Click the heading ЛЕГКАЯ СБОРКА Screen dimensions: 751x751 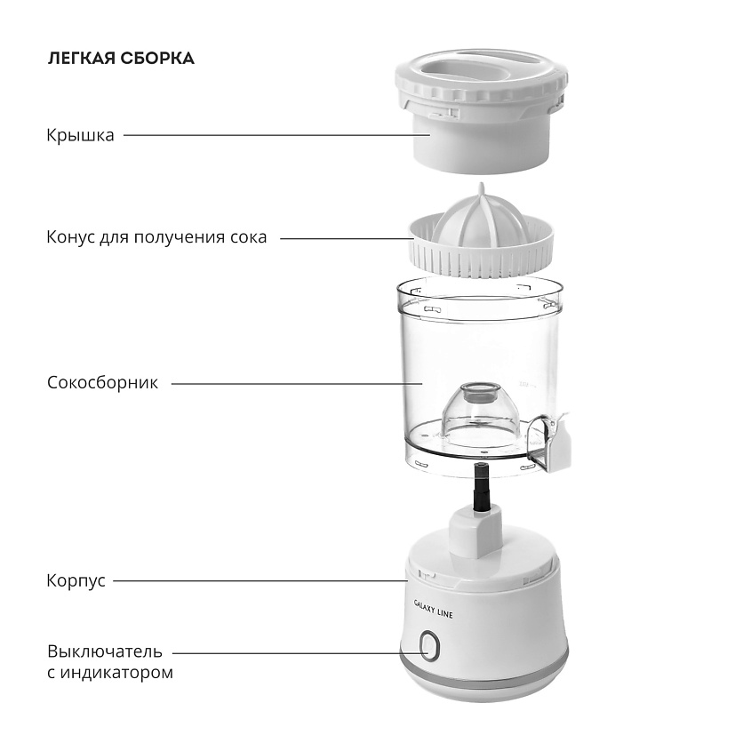click(x=121, y=59)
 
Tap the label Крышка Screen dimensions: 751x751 click(x=81, y=135)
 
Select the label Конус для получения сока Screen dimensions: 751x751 click(x=156, y=237)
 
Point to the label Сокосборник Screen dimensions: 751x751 click(x=102, y=383)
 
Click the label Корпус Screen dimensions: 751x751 click(x=76, y=581)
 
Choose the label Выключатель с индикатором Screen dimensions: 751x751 click(x=110, y=662)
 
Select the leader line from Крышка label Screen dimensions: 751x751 click(x=277, y=135)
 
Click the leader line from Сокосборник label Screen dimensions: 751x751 click(x=297, y=384)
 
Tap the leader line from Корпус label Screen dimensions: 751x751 click(x=260, y=581)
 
